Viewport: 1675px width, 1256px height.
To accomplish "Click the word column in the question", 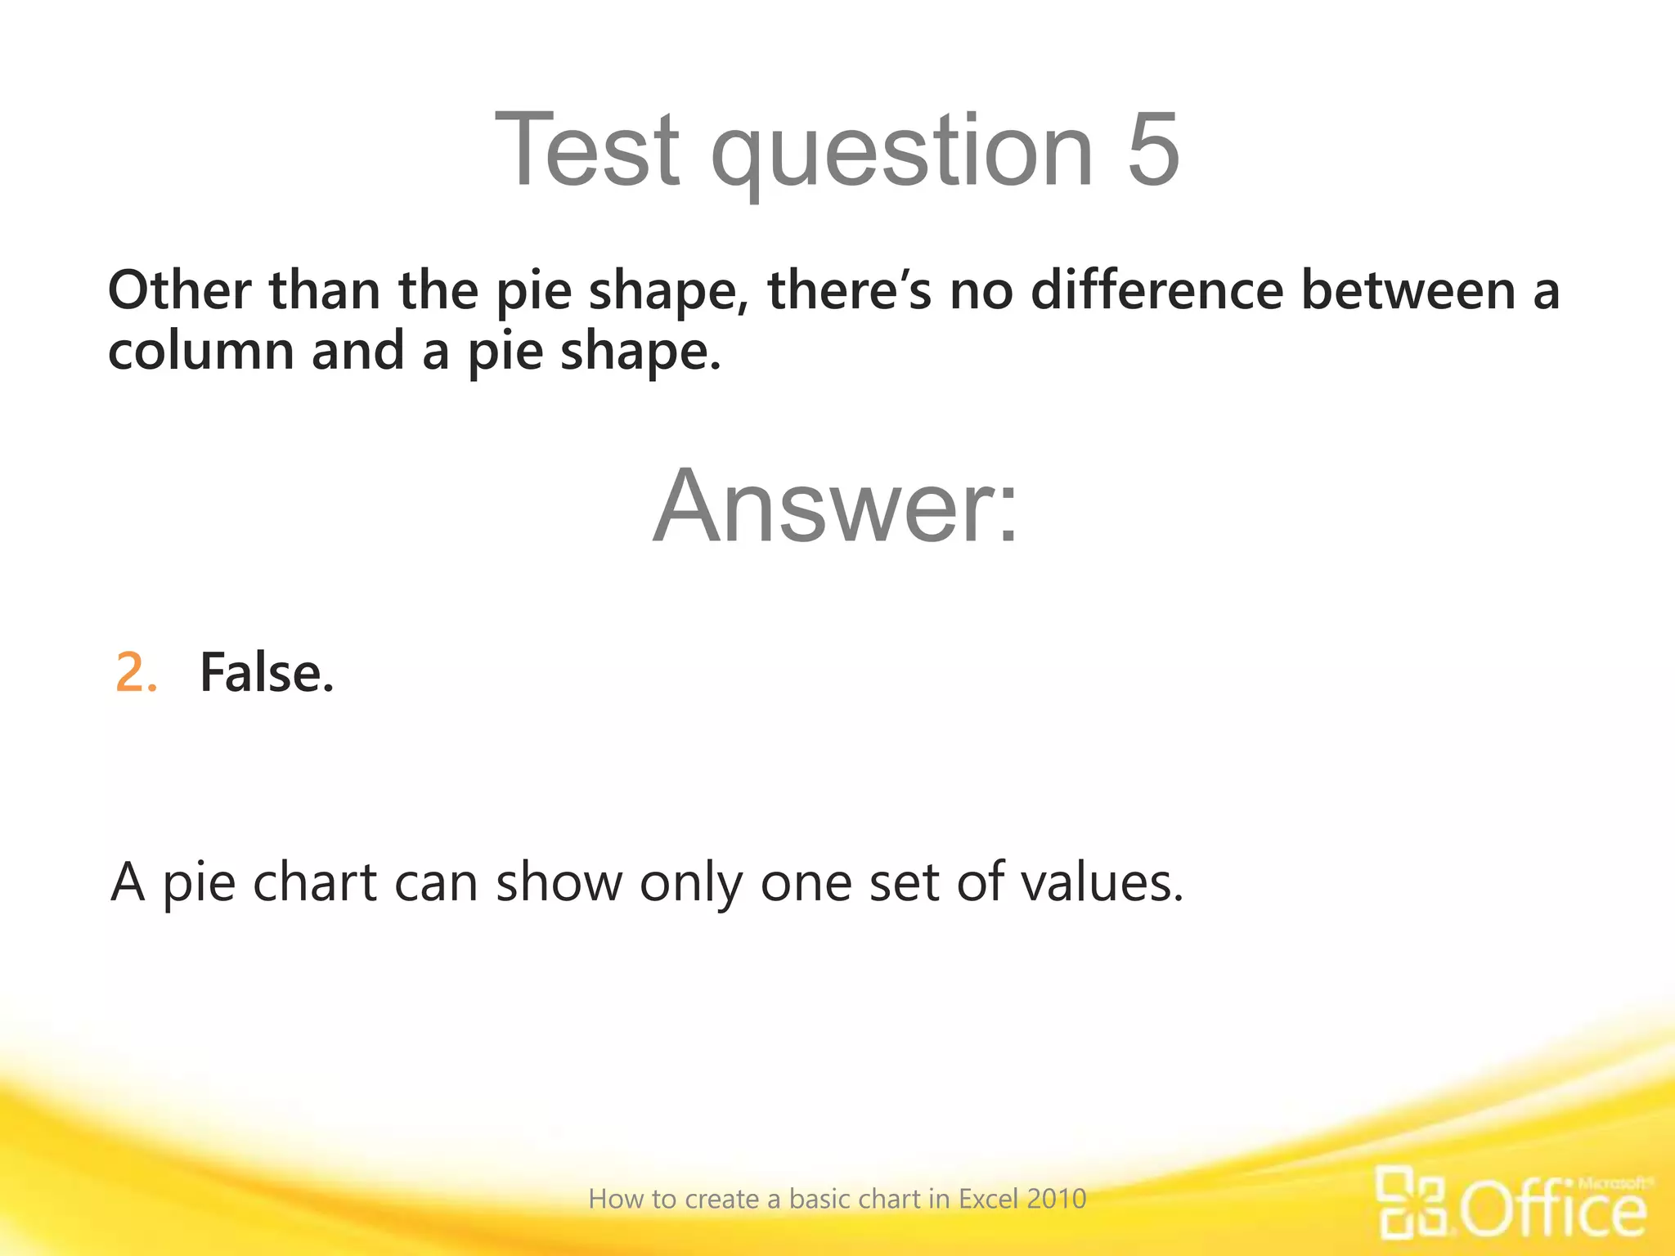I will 201,351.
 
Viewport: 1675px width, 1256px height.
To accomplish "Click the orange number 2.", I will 136,673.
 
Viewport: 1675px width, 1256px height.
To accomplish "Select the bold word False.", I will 267,673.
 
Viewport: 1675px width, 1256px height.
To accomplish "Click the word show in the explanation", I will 559,882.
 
